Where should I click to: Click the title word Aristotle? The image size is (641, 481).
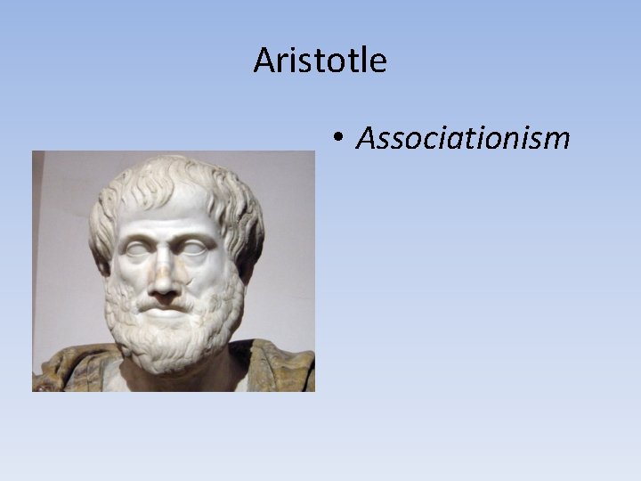320,61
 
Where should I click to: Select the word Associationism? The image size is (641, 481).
462,137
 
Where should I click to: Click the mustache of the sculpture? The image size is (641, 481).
166,300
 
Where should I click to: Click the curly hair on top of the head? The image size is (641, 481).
169,178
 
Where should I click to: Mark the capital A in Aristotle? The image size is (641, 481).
264,61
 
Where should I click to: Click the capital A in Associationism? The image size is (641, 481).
367,137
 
